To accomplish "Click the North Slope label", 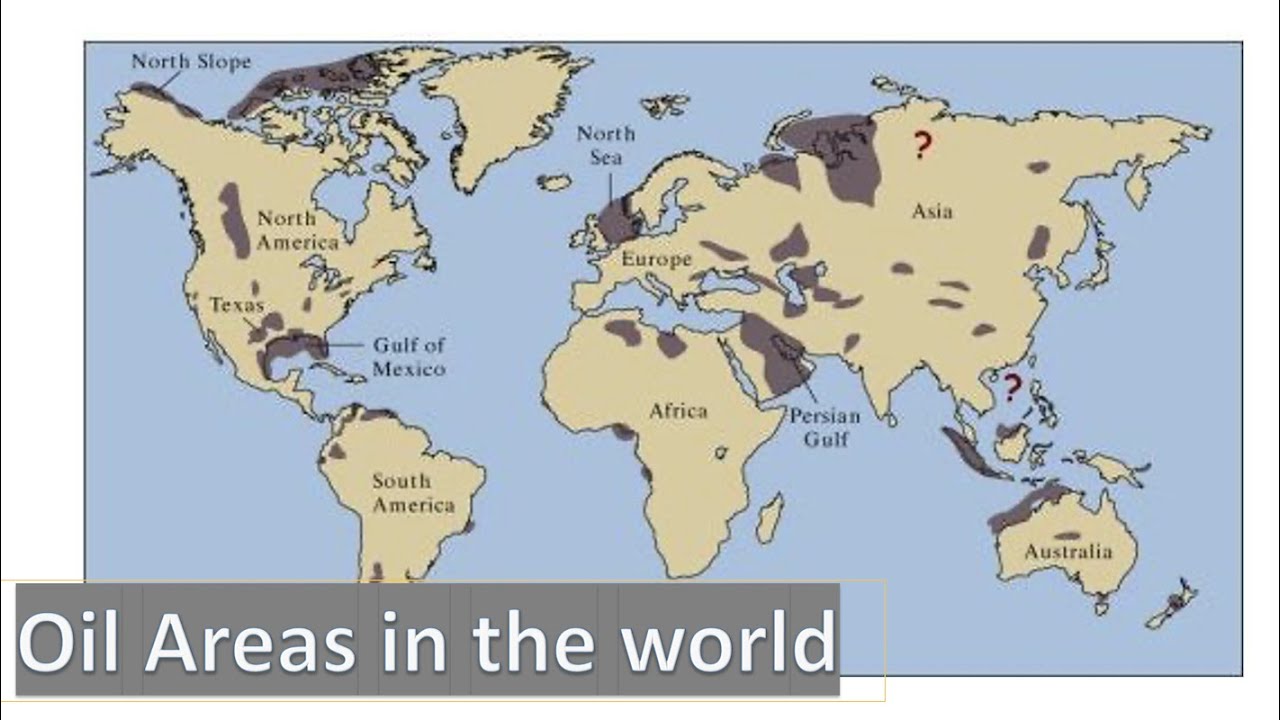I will pyautogui.click(x=191, y=62).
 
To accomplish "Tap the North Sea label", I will pyautogui.click(x=606, y=145).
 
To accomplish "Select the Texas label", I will pyautogui.click(x=236, y=305).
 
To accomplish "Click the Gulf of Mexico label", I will pyautogui.click(x=408, y=356).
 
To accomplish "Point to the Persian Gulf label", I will pyautogui.click(x=825, y=426).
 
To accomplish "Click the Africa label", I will pyautogui.click(x=678, y=410).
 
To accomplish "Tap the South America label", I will pyautogui.click(x=413, y=493).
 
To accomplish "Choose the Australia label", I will pyautogui.click(x=1067, y=551).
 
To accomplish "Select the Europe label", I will pyautogui.click(x=656, y=259).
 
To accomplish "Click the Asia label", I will pyautogui.click(x=932, y=211).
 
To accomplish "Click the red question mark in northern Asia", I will pyautogui.click(x=921, y=146).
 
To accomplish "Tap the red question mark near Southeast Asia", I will pyautogui.click(x=1012, y=386).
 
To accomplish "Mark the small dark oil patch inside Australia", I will pyautogui.click(x=1067, y=536).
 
